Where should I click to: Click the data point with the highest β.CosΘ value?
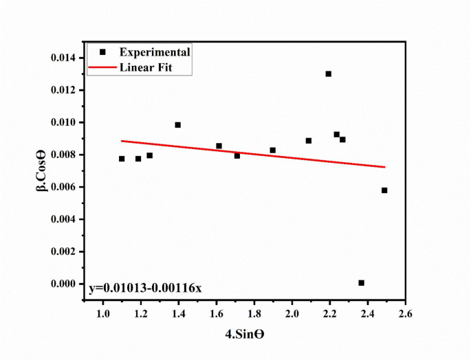tap(329, 74)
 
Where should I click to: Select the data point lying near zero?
tap(362, 282)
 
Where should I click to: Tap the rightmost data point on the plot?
tap(384, 190)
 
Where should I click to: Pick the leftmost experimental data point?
tap(122, 159)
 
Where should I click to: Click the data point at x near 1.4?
tap(178, 125)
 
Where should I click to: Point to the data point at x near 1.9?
tap(273, 150)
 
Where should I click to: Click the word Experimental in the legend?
tap(154, 52)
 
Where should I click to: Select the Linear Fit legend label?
tap(146, 67)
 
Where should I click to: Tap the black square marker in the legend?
tap(102, 52)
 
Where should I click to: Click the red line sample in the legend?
tap(102, 67)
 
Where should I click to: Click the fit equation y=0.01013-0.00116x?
tap(146, 287)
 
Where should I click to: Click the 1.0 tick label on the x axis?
tap(103, 314)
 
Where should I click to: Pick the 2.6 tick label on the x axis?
tap(405, 314)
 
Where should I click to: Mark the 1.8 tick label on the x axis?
tap(254, 314)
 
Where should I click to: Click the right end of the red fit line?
tap(385, 167)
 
